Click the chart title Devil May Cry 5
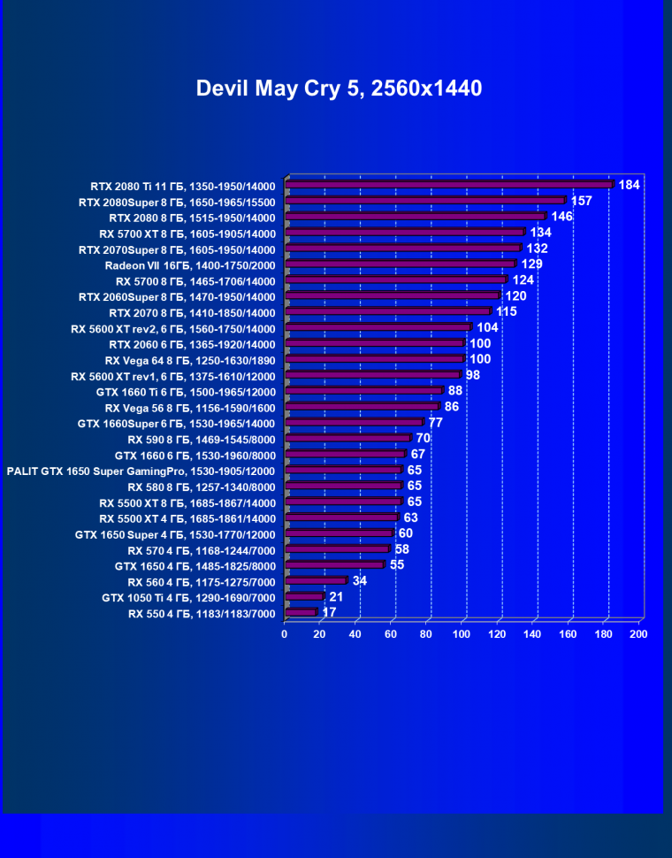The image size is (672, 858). [339, 88]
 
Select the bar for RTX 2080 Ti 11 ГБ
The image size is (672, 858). [451, 185]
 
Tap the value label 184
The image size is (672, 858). [629, 185]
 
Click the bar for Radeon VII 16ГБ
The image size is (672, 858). [402, 264]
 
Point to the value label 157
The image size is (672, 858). [581, 201]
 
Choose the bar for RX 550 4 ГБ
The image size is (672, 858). [302, 612]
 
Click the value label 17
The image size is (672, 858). [329, 612]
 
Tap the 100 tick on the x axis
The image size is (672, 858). [462, 633]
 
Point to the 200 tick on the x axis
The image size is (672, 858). [638, 633]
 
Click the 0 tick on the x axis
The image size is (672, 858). [285, 633]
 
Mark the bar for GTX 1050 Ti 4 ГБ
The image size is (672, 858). [306, 596]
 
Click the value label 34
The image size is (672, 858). [360, 580]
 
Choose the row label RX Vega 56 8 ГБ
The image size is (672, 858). [190, 408]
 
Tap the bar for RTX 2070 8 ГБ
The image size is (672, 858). [390, 311]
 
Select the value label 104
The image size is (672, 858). [487, 327]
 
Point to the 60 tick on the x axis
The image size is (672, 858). [391, 633]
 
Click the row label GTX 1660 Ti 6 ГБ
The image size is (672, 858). [186, 392]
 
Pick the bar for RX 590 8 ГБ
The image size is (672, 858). [350, 438]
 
